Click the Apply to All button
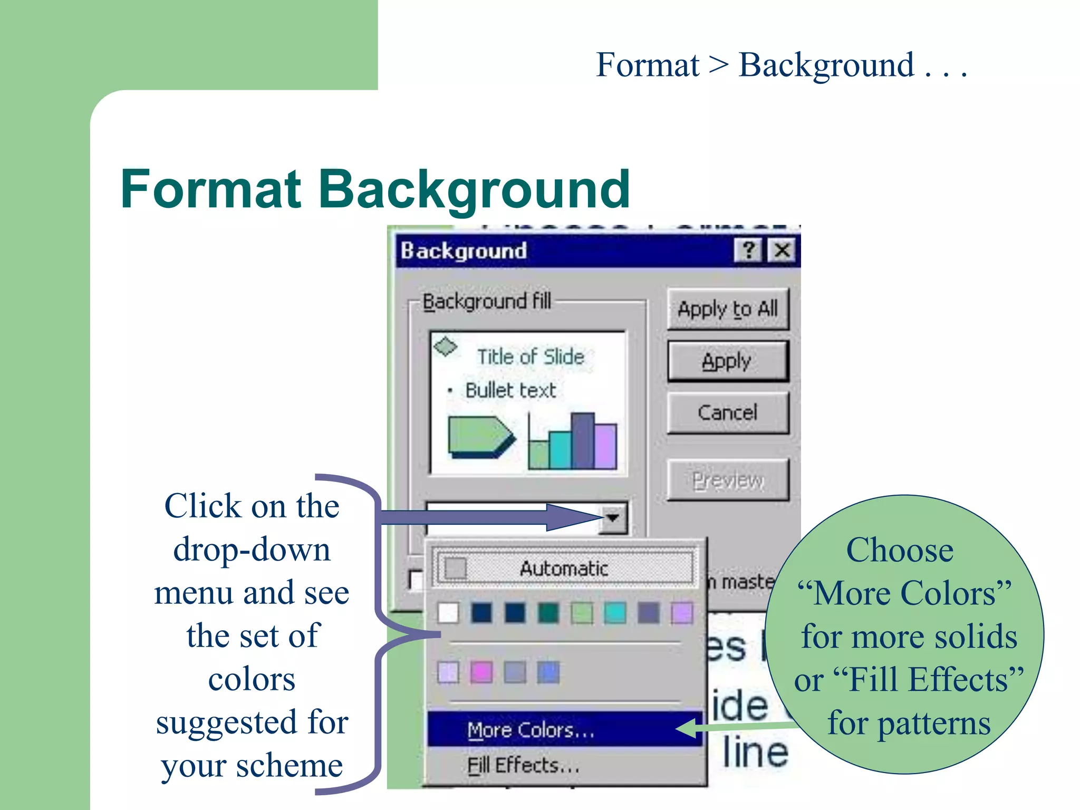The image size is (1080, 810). pos(727,309)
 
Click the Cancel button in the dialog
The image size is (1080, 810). pos(727,412)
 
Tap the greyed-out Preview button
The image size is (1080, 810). pos(727,480)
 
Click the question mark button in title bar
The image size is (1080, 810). pos(748,250)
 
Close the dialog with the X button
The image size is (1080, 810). pos(782,250)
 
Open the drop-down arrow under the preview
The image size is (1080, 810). pos(613,518)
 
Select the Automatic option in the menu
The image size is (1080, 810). pos(563,568)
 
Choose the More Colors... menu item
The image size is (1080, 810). pos(531,730)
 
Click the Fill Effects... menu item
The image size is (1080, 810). pos(523,765)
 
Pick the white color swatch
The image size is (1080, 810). pos(448,613)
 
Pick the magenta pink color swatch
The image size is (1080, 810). pos(481,672)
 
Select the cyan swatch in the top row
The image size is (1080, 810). pos(615,613)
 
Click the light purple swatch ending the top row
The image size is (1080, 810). pos(682,613)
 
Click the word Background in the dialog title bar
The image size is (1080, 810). pos(464,251)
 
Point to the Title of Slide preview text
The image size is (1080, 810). pos(531,357)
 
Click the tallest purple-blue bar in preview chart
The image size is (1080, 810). pos(583,440)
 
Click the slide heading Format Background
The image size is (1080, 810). pos(375,189)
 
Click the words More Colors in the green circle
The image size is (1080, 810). pos(904,593)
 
